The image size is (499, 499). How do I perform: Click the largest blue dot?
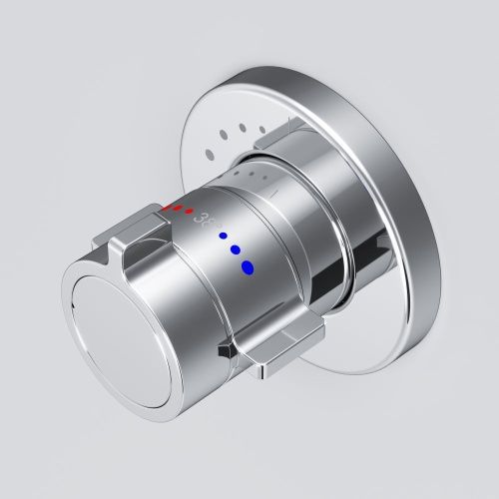pyautogui.click(x=248, y=266)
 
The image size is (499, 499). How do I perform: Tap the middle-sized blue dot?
pyautogui.click(x=236, y=250)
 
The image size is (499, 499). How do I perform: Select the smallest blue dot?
pyautogui.click(x=224, y=238)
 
